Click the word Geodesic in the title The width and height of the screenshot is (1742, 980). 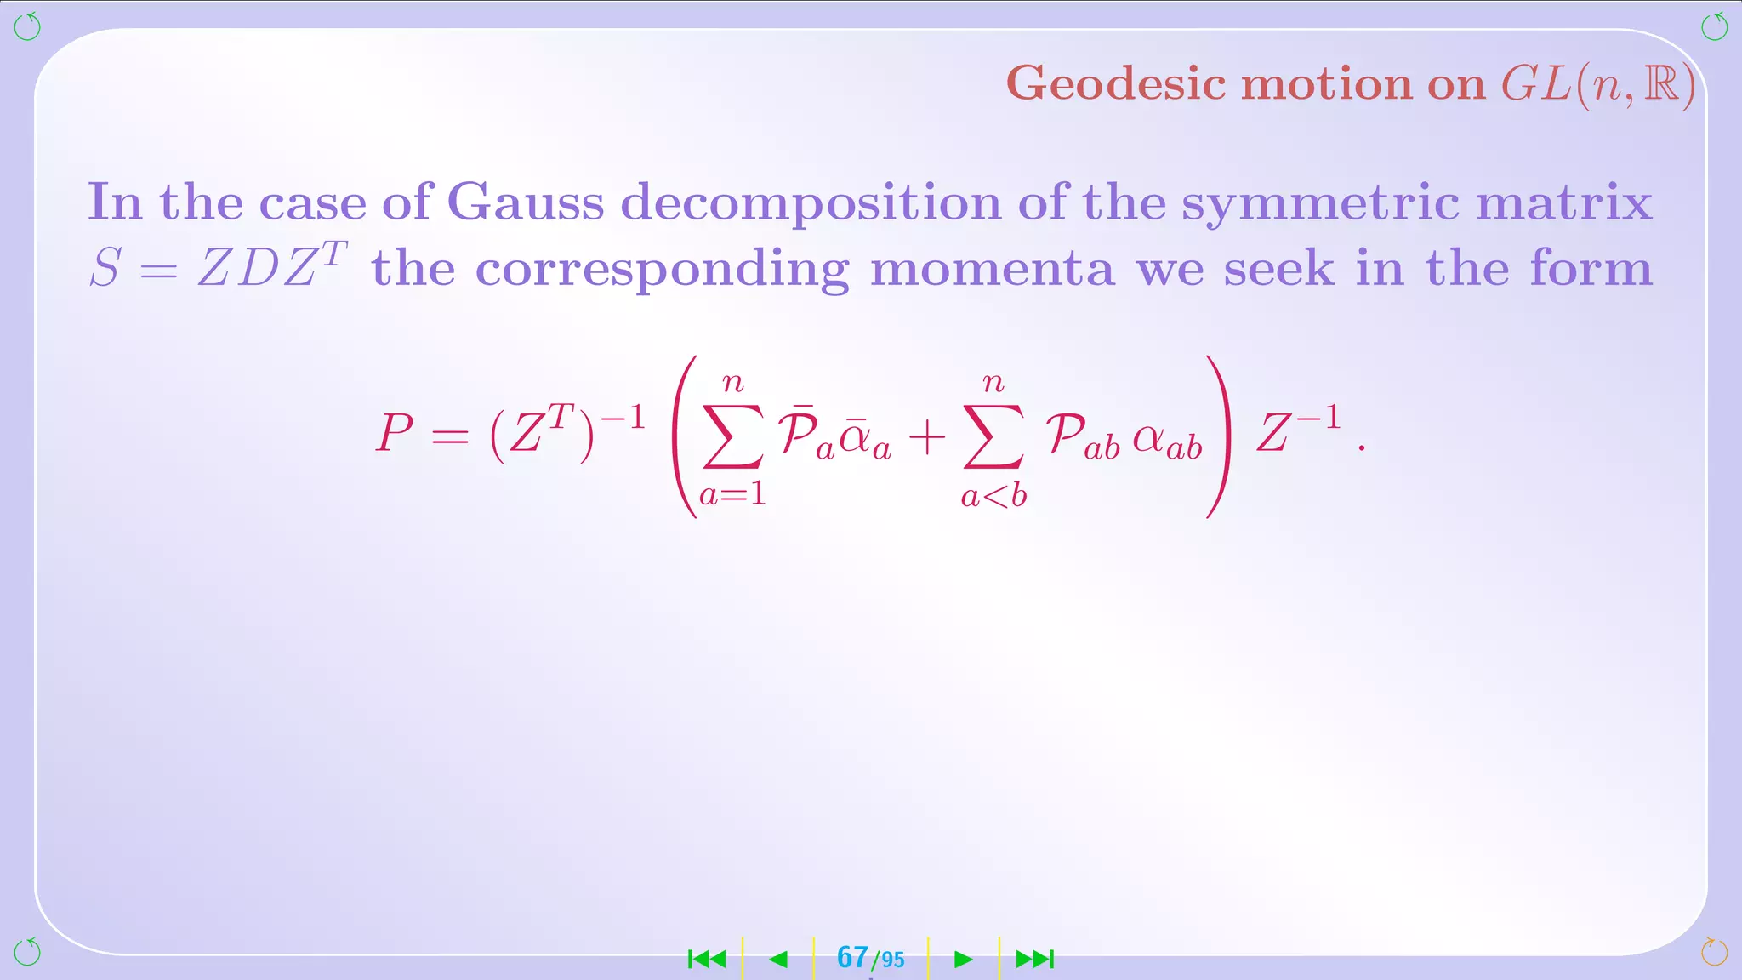(x=1116, y=84)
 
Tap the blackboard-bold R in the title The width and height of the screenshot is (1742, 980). (x=1661, y=84)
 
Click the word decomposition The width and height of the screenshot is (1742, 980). (x=811, y=204)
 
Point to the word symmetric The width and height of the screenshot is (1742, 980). (x=1320, y=204)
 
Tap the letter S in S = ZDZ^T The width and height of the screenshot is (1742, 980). (x=105, y=269)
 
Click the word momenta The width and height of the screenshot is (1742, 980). (x=992, y=269)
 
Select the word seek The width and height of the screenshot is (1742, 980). (x=1278, y=269)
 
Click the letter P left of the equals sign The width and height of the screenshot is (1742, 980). (x=395, y=433)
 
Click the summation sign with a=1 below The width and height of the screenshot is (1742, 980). (x=732, y=436)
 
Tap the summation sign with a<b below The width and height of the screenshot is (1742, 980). (x=993, y=436)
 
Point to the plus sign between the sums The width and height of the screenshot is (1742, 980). (x=927, y=437)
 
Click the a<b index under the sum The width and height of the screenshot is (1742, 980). (x=993, y=496)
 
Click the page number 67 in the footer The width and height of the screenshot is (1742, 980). (x=852, y=958)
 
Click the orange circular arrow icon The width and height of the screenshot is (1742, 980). (x=1714, y=952)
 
